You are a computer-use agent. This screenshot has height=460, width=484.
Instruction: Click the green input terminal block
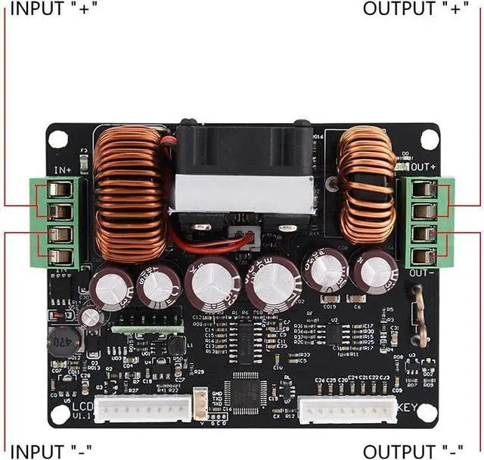click(x=57, y=222)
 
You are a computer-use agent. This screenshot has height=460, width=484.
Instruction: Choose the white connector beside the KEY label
click(x=347, y=410)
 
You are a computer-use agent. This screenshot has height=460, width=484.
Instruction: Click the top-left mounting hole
click(x=57, y=139)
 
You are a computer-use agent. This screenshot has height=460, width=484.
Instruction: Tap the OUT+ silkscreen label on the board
click(x=423, y=166)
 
